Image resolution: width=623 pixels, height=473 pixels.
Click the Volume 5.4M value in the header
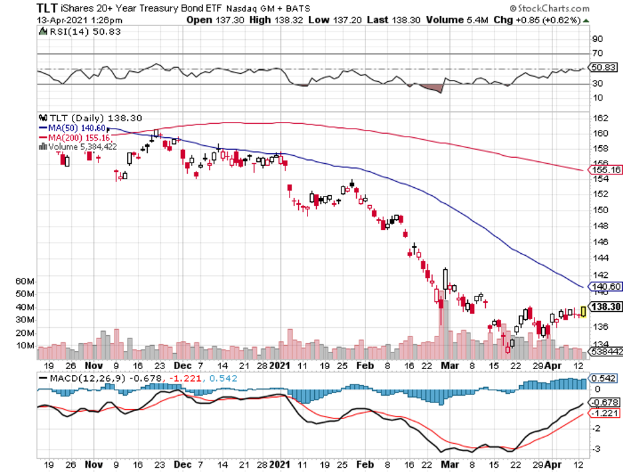(461, 20)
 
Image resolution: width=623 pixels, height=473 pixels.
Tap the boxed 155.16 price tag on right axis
(605, 170)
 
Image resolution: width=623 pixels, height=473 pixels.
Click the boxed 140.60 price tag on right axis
(605, 287)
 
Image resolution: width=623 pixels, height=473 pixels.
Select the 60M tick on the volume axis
(25, 282)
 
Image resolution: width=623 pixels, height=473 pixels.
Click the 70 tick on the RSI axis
(598, 53)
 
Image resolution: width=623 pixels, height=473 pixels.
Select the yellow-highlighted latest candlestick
(583, 311)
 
